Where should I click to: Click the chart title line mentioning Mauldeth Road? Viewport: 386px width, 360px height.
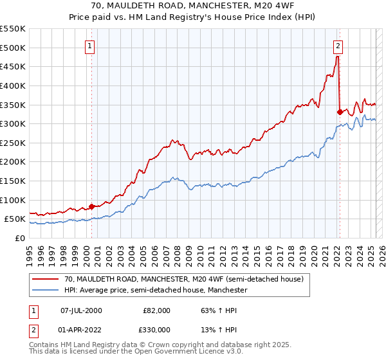point(192,7)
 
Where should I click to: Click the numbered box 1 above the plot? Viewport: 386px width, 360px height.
point(90,46)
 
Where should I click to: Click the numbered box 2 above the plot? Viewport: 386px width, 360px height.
point(338,46)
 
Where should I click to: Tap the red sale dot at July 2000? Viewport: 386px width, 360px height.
point(91,206)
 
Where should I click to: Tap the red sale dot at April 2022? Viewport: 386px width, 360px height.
point(340,112)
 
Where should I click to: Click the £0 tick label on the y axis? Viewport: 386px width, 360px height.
point(21,238)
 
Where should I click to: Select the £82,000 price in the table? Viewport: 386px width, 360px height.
point(156,310)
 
